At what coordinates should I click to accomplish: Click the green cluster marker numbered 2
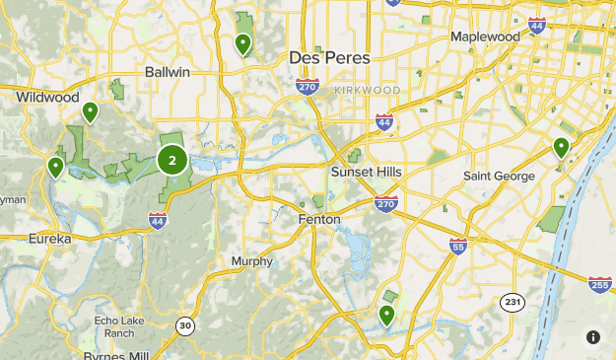point(172,160)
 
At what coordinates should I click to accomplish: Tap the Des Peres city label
point(329,58)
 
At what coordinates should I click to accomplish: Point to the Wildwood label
point(47,97)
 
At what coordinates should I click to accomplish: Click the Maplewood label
point(485,36)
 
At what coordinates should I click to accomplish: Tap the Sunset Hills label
point(367,171)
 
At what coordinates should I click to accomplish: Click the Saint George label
point(499,177)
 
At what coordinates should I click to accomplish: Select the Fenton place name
point(319,219)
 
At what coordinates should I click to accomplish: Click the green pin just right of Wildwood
point(90,112)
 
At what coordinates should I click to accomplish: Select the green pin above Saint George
point(561,148)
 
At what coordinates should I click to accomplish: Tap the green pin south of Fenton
point(387,315)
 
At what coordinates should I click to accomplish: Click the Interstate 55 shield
point(457,247)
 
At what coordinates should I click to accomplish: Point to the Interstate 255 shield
point(599,284)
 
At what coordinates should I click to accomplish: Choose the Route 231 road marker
point(511,302)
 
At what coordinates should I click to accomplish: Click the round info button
point(592,336)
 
